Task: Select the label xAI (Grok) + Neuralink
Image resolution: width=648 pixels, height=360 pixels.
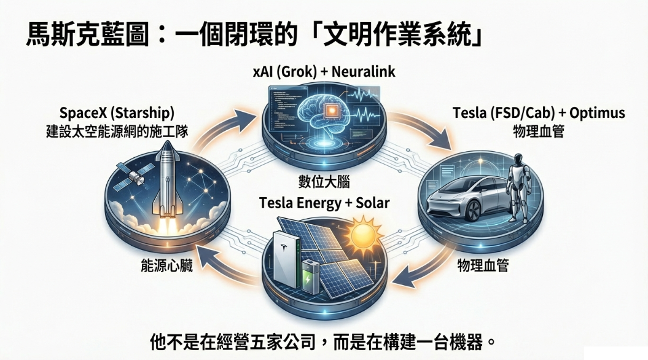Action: (x=324, y=71)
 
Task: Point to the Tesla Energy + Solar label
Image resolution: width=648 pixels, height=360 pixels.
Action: (x=324, y=203)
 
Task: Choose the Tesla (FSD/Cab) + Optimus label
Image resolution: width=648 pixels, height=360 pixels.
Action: (x=539, y=113)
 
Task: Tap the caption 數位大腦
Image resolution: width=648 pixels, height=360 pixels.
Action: (x=324, y=181)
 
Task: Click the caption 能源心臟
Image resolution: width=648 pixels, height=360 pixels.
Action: (x=166, y=266)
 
